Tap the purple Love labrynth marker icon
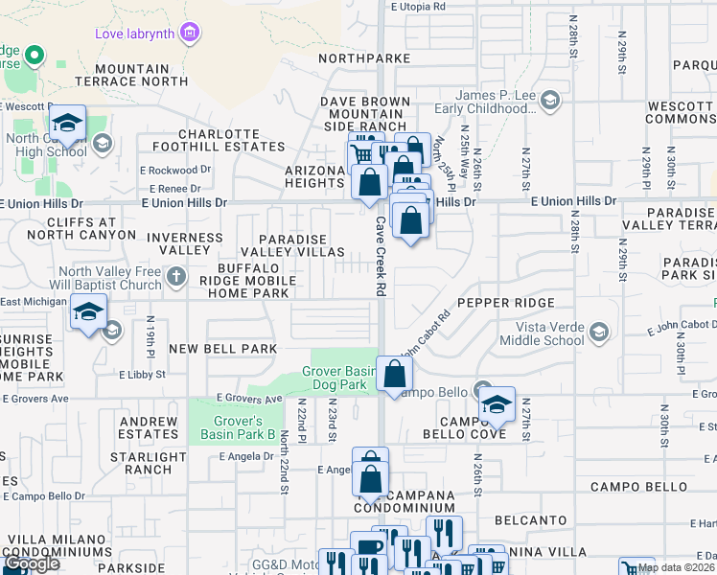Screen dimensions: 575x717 coord(191,34)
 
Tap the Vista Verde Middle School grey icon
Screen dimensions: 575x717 coord(599,333)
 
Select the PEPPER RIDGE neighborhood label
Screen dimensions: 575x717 coord(505,303)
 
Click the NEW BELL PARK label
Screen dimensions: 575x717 coord(222,349)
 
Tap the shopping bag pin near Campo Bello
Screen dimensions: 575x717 coord(394,374)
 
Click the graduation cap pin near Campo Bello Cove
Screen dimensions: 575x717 coord(497,404)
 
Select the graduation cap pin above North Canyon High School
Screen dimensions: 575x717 coord(67,124)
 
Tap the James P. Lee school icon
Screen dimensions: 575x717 coord(550,100)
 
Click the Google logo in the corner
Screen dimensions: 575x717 coord(32,563)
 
